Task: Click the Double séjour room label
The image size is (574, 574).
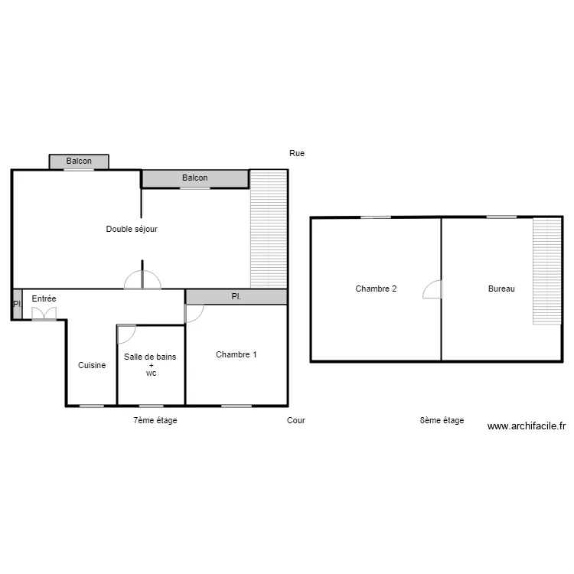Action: (x=132, y=229)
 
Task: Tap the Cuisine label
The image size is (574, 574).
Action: (x=92, y=365)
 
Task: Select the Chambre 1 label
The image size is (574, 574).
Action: (x=236, y=354)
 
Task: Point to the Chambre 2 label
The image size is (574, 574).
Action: (x=376, y=289)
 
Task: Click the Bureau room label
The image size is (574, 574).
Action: (x=501, y=289)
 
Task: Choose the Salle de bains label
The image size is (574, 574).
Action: (x=150, y=357)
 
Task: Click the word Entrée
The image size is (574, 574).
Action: (x=44, y=298)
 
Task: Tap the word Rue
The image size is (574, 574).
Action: (x=297, y=153)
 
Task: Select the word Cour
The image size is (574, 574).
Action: (x=295, y=420)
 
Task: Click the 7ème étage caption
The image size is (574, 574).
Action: (x=155, y=420)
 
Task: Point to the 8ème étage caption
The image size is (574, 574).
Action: (x=442, y=420)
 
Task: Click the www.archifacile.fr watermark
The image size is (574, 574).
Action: (x=527, y=426)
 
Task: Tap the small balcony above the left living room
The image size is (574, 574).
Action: (x=79, y=161)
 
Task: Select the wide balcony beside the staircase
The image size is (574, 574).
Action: (x=195, y=178)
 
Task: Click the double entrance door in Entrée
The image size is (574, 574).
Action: (x=44, y=314)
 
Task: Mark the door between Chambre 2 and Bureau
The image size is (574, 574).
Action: (x=432, y=289)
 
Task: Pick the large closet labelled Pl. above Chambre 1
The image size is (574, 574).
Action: (x=236, y=297)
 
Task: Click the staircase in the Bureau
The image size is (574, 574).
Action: (x=547, y=271)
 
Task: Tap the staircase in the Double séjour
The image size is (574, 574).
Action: (x=269, y=229)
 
